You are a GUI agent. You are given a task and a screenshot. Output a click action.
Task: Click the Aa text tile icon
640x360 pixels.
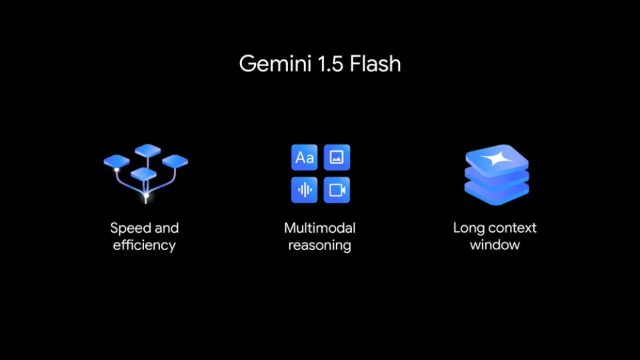click(x=305, y=157)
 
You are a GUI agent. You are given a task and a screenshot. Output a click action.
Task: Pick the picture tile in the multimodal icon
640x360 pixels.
click(x=337, y=157)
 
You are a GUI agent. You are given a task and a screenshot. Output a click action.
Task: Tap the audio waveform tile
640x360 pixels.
click(x=305, y=190)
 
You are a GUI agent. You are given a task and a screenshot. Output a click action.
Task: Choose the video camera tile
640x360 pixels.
click(x=337, y=190)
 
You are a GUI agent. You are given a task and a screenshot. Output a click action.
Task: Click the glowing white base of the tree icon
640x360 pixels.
click(x=146, y=197)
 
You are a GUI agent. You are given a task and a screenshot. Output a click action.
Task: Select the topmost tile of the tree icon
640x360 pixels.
click(x=147, y=150)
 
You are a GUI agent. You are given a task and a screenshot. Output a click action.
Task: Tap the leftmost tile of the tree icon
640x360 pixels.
click(x=116, y=161)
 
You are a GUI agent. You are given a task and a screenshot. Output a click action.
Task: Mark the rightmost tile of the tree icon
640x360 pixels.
click(x=175, y=161)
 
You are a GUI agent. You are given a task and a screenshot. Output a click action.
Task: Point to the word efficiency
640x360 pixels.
click(x=144, y=245)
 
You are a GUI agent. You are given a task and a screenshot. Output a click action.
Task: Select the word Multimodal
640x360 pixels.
click(x=319, y=228)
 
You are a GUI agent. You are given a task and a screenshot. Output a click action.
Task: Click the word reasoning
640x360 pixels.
click(x=319, y=245)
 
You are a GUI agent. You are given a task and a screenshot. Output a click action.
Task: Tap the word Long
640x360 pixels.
click(x=468, y=228)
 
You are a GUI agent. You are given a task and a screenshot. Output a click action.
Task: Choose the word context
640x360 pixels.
click(x=513, y=228)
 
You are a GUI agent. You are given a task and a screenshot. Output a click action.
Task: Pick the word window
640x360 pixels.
click(x=495, y=245)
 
